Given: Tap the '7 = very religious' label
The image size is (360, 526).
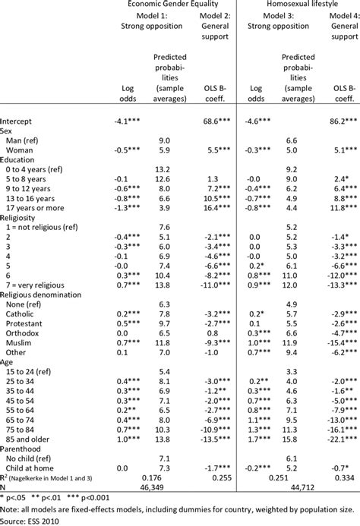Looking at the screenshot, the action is [38, 288].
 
